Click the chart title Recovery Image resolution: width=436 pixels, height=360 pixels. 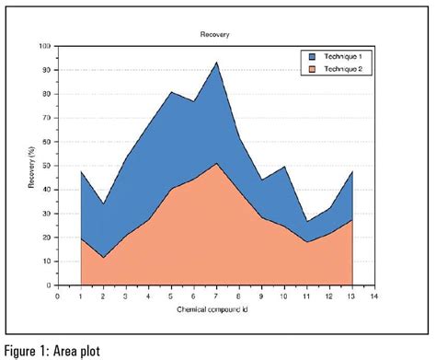pyautogui.click(x=215, y=35)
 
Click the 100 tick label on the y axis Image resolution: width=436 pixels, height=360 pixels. pyautogui.click(x=45, y=46)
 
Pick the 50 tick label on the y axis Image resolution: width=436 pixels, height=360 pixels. pyautogui.click(x=47, y=166)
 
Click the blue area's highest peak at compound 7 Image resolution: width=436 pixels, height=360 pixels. pyautogui.click(x=216, y=64)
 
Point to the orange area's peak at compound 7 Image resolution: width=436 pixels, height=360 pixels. pyautogui.click(x=216, y=164)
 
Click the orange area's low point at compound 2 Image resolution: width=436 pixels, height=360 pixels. pyautogui.click(x=103, y=258)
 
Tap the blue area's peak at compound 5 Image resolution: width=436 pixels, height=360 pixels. pyautogui.click(x=171, y=92)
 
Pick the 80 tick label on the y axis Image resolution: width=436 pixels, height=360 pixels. pyautogui.click(x=47, y=94)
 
